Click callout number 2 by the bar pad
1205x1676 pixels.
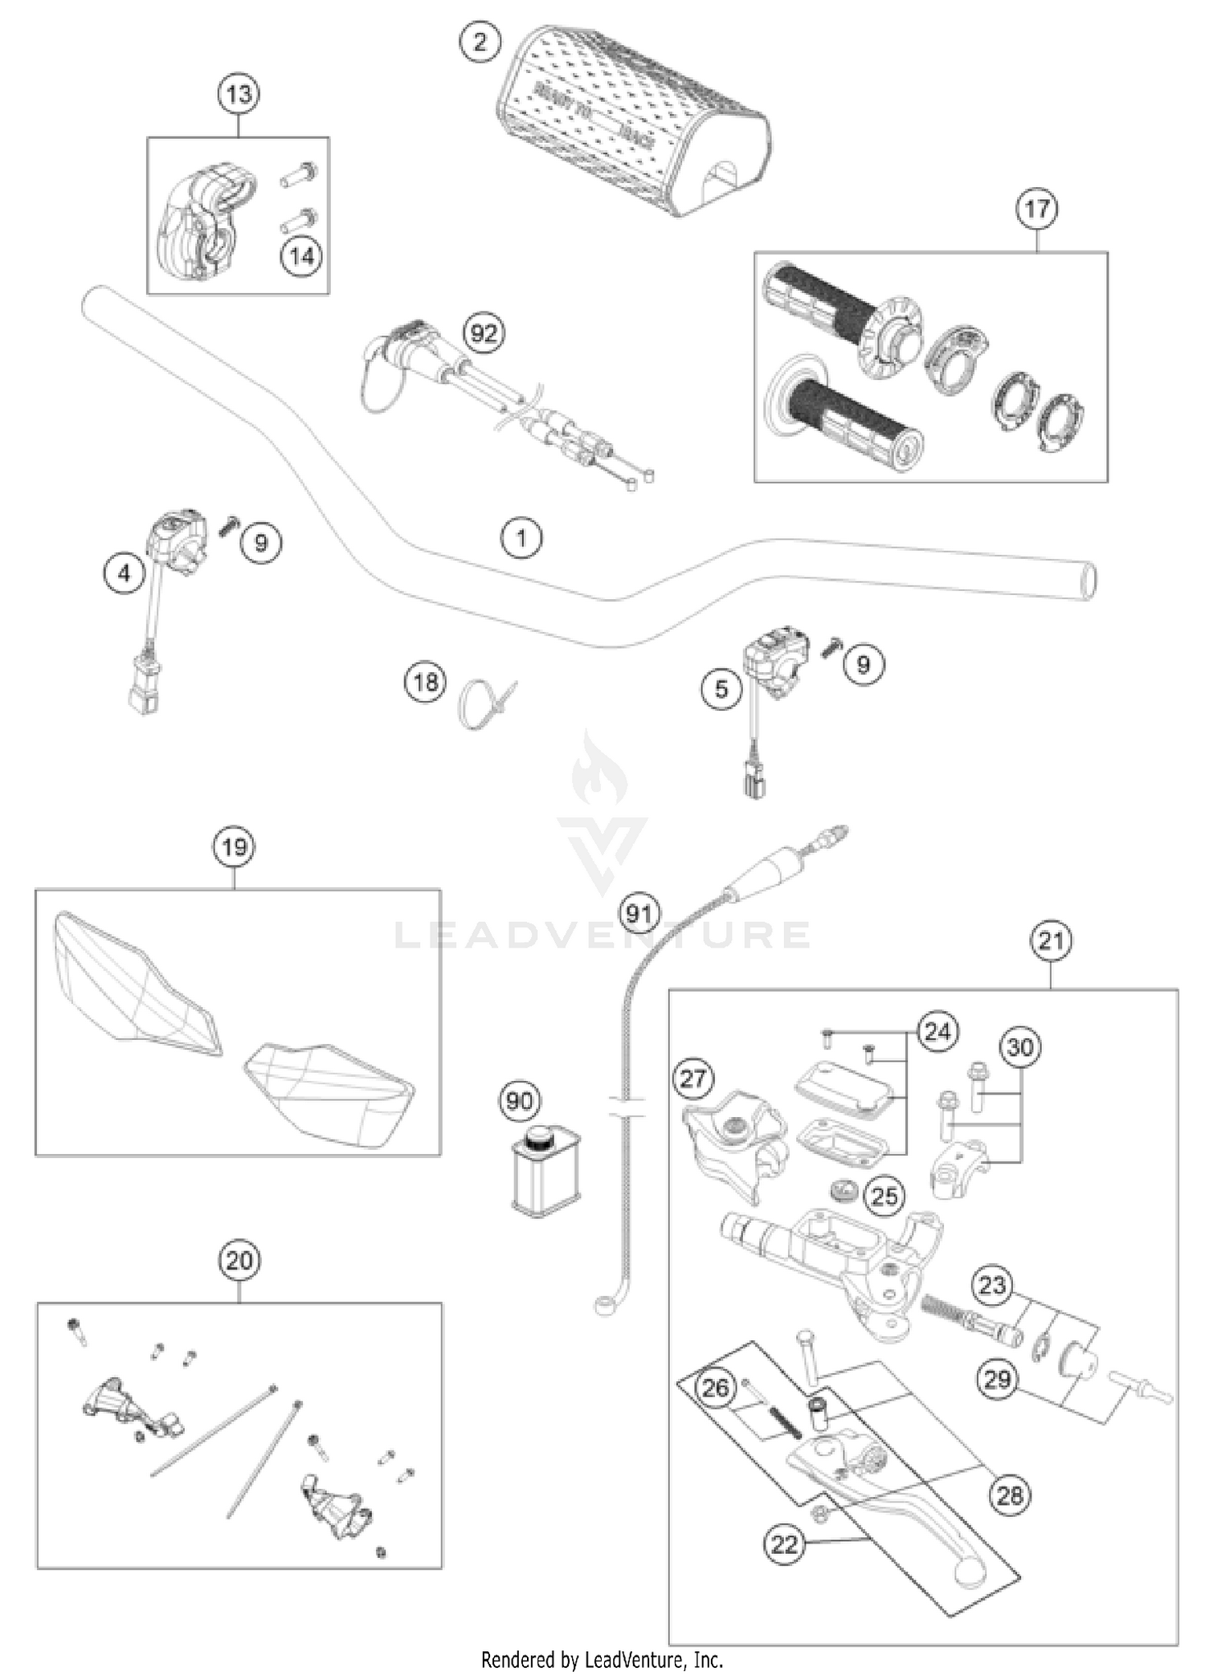[x=480, y=41]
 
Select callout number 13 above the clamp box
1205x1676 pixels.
[x=239, y=95]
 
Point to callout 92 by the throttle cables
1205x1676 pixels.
[x=484, y=332]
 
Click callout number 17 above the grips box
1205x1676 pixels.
[x=1036, y=209]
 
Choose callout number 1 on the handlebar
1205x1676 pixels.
[x=521, y=537]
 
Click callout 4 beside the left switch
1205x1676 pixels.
[x=124, y=573]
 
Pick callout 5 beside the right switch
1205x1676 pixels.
[x=721, y=688]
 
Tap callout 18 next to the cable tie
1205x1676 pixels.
[x=425, y=682]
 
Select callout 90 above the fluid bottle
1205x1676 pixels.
[x=519, y=1101]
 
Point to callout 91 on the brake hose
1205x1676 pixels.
[x=639, y=913]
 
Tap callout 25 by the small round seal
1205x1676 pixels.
[x=884, y=1196]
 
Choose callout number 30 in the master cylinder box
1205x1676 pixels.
[x=1020, y=1047]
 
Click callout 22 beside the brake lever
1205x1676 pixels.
[x=784, y=1544]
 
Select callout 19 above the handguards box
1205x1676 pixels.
[x=234, y=847]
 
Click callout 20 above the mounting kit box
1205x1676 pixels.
[x=239, y=1261]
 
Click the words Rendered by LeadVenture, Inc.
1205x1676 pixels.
[x=602, y=1659]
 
